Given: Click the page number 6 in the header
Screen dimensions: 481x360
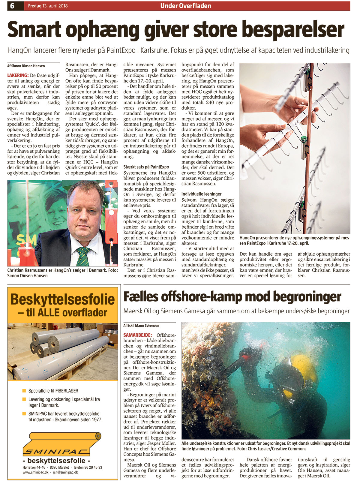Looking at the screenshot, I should [12, 6].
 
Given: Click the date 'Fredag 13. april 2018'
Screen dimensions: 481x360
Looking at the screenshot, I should [48, 6].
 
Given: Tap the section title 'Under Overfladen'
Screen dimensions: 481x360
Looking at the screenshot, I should [185, 6].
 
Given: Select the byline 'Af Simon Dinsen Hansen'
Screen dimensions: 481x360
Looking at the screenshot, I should [26, 66].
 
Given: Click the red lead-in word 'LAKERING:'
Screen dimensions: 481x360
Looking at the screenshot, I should [18, 75].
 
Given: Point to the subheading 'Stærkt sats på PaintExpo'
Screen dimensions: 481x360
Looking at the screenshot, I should [146, 167].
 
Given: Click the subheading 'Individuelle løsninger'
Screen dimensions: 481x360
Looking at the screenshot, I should [201, 194].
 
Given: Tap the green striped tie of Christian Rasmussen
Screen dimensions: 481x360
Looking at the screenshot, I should [83, 256].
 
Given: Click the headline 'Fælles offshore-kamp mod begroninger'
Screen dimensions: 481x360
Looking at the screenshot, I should [232, 297].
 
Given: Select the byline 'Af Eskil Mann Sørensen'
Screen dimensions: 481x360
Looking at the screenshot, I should [141, 325].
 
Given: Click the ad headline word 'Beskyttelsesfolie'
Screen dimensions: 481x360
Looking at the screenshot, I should [62, 299].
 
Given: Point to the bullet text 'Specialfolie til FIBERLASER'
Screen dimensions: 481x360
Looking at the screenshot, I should [53, 391].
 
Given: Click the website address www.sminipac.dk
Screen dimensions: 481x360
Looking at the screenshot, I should [35, 472].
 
